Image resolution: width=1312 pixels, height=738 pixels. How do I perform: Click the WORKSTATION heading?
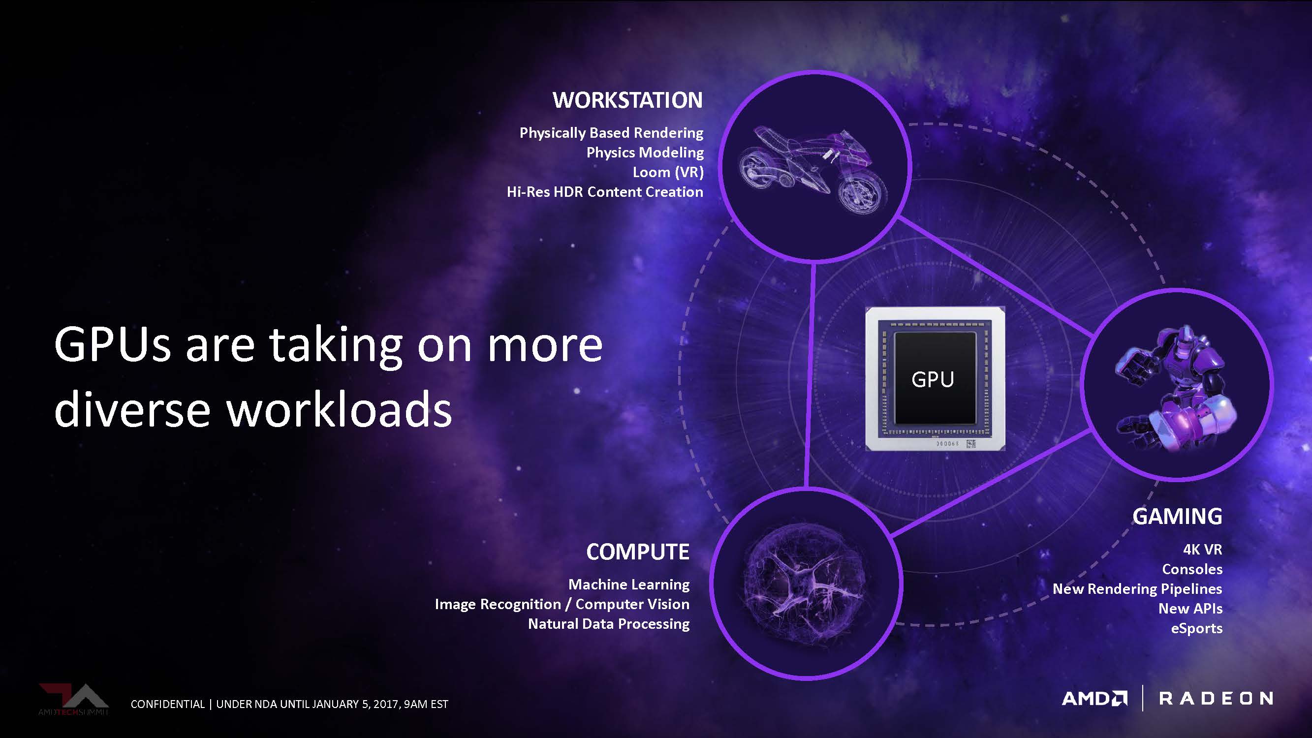click(x=627, y=100)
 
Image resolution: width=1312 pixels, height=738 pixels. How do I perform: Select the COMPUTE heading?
click(x=638, y=552)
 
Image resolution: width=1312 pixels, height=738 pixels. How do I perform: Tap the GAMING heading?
click(x=1177, y=517)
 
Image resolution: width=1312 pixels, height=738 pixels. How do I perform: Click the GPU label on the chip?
click(x=933, y=379)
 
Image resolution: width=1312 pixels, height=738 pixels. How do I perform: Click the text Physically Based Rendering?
click(x=611, y=133)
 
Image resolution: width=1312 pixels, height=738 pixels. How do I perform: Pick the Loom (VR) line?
click(x=668, y=172)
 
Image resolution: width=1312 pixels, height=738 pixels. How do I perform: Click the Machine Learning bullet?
click(x=629, y=584)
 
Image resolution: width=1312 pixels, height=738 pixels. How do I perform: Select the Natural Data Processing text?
click(x=609, y=624)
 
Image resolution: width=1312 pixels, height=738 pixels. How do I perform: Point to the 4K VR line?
click(x=1202, y=549)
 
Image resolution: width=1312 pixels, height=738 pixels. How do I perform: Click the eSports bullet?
click(x=1197, y=628)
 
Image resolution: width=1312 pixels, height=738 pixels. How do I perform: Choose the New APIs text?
click(x=1190, y=609)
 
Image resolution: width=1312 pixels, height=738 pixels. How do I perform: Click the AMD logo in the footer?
click(x=1094, y=698)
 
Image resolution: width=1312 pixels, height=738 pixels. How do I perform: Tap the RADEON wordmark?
click(x=1216, y=698)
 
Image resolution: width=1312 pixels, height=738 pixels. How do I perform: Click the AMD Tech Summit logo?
click(x=74, y=699)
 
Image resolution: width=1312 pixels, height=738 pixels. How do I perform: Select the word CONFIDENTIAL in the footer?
click(x=167, y=704)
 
